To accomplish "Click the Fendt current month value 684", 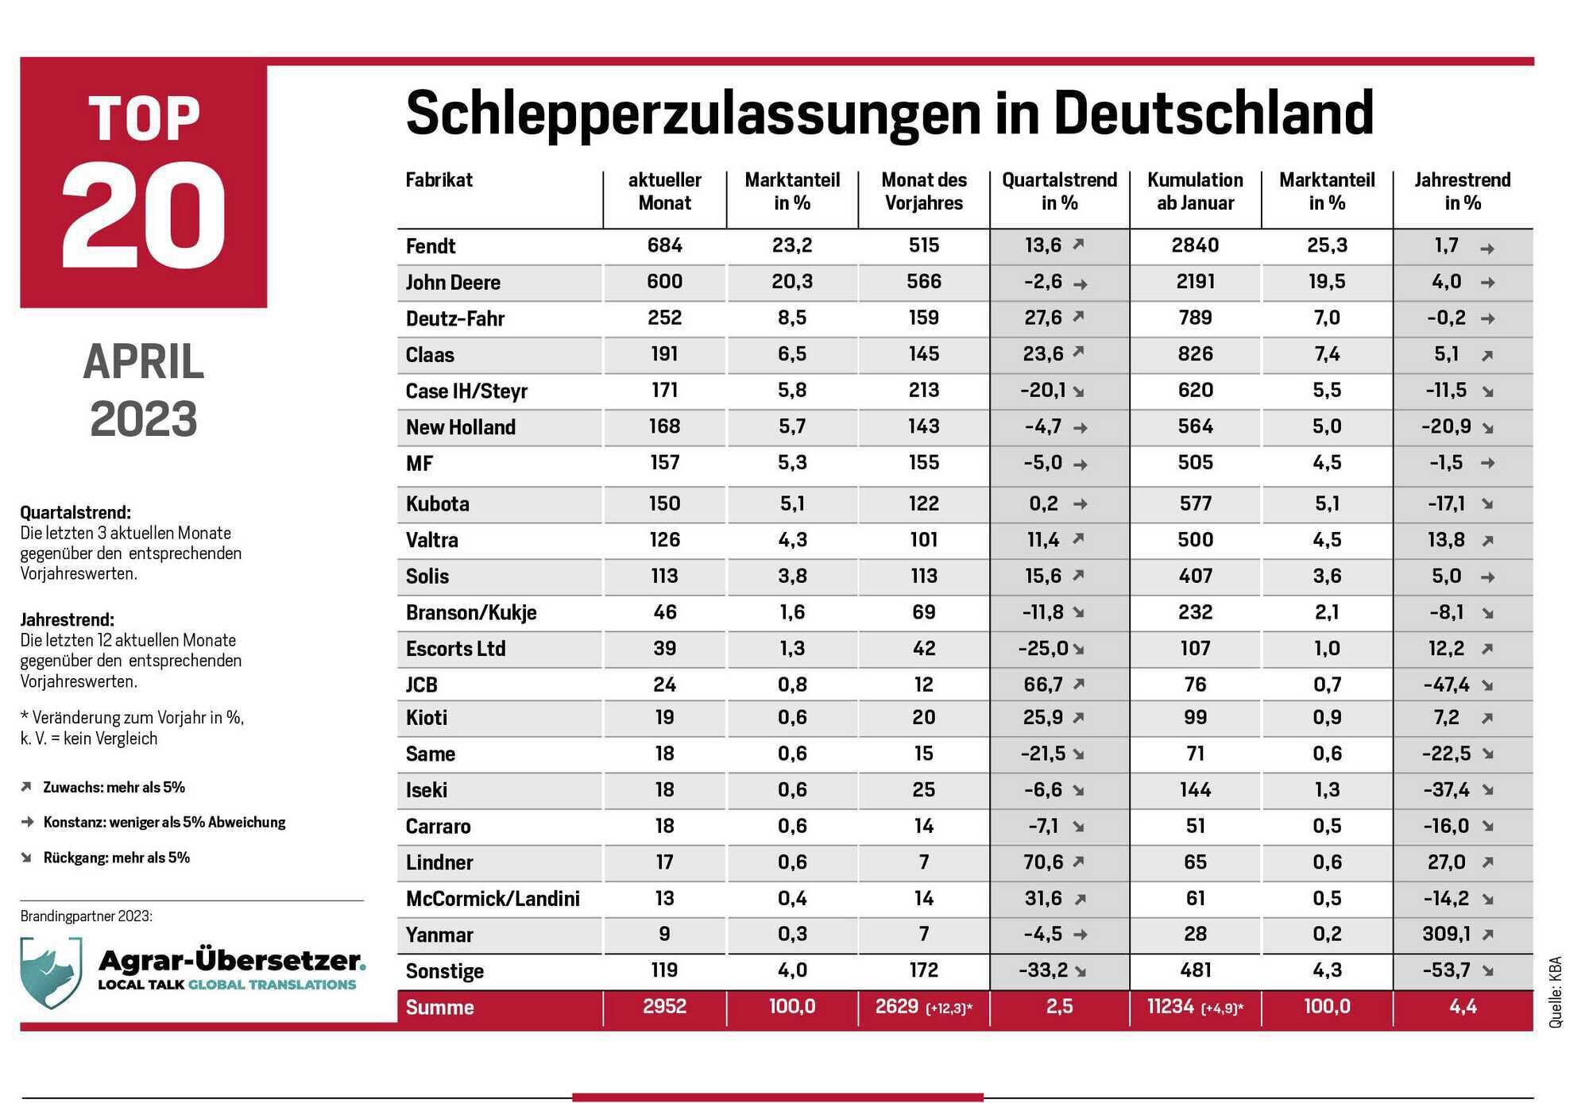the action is tap(664, 245).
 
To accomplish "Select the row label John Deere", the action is tap(453, 282).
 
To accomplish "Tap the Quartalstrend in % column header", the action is tap(1059, 191).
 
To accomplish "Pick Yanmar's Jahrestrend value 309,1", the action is tap(1446, 934).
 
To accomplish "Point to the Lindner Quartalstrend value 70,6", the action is tap(1043, 862).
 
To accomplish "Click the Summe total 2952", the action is tap(664, 1006).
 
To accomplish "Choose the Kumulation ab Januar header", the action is tap(1195, 191).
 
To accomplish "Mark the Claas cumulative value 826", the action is tap(1195, 354).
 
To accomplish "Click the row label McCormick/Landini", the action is tap(493, 898).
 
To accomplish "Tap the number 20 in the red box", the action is tap(144, 216).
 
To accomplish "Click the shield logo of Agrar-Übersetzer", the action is tap(51, 972).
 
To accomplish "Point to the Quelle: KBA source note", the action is tap(1555, 992).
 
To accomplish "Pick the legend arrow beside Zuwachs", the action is tap(26, 787).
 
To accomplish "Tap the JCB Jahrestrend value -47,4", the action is tap(1446, 685).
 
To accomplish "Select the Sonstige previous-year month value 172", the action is tap(924, 970).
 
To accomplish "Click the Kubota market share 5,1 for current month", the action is tap(792, 503).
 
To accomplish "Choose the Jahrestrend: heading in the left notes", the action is tap(67, 619).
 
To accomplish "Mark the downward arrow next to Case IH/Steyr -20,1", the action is tap(1079, 391).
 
